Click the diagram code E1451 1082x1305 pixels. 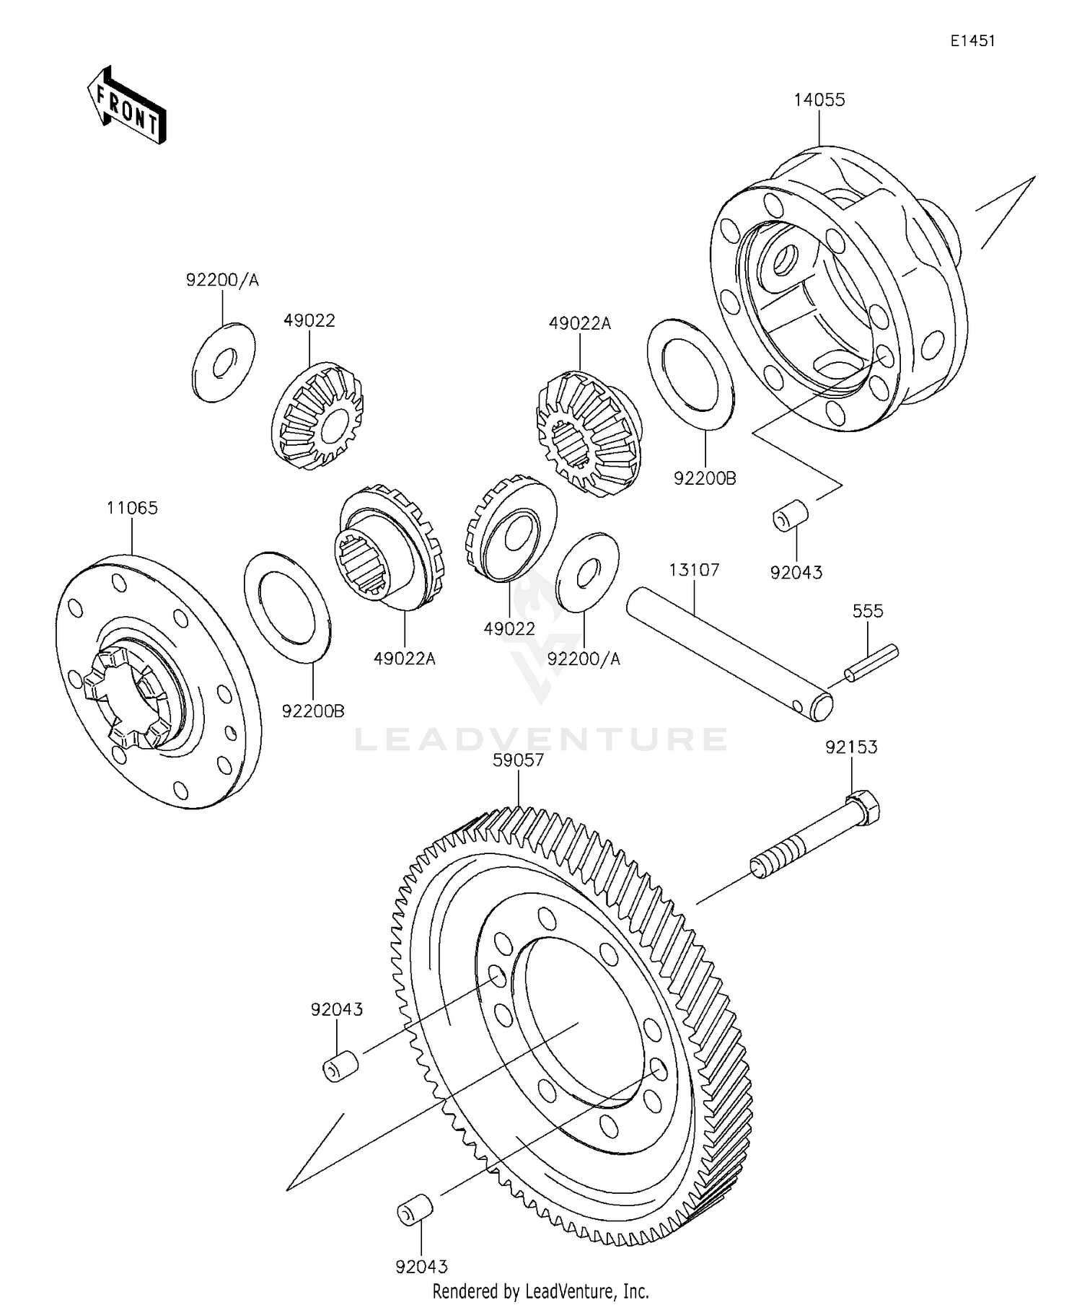(972, 41)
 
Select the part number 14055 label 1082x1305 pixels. (819, 100)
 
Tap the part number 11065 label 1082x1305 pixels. (132, 508)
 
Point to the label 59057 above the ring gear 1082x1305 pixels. (518, 760)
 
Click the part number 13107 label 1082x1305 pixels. (694, 570)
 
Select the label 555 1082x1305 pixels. (868, 611)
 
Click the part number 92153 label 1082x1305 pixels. (851, 747)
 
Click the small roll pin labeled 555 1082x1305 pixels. (872, 662)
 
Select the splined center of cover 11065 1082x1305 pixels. (127, 698)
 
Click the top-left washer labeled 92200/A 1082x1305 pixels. (224, 363)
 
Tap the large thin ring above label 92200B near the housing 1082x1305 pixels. (690, 374)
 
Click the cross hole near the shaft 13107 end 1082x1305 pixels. (796, 705)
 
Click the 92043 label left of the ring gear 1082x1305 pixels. (337, 1009)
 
